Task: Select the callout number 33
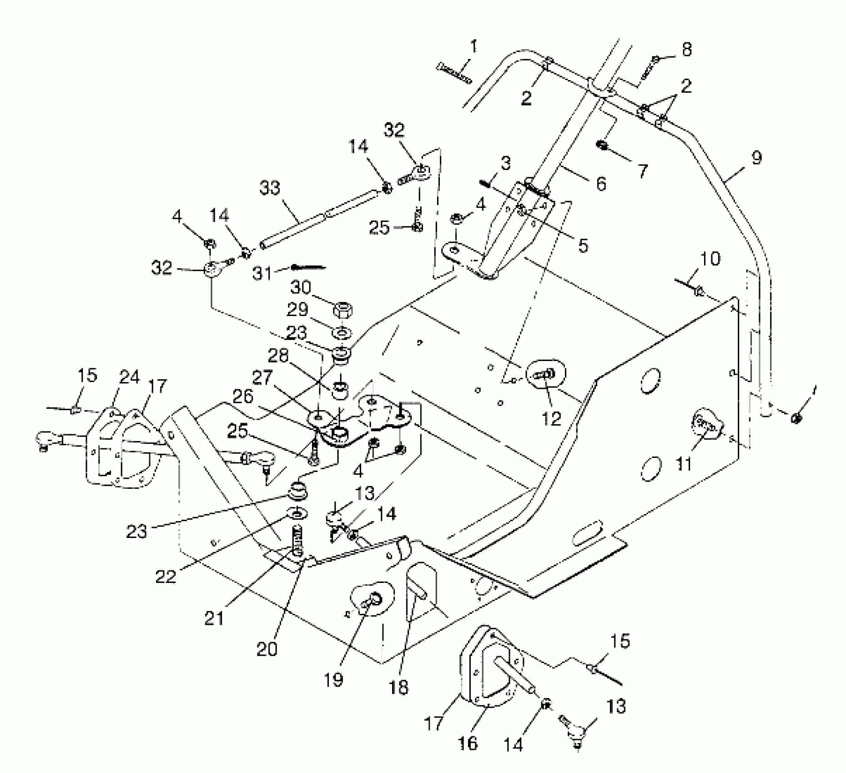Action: (x=270, y=188)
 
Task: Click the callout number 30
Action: (x=301, y=287)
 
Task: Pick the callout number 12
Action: (x=552, y=418)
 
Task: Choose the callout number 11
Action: (x=683, y=464)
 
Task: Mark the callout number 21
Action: (x=214, y=618)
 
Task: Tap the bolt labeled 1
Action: (x=454, y=74)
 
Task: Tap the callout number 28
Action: (x=278, y=355)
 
